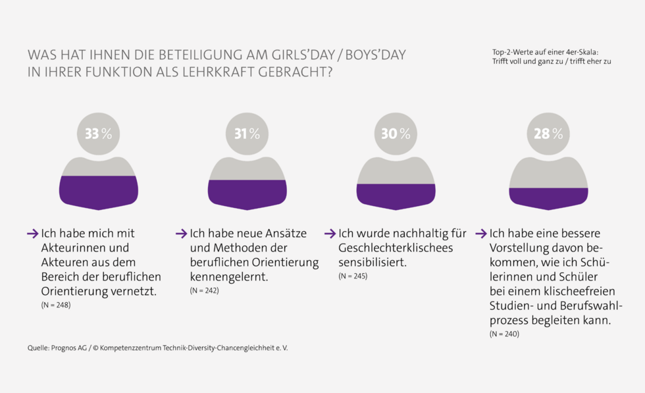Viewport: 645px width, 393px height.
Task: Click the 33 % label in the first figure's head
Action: click(98, 134)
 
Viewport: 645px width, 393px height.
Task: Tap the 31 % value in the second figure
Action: click(247, 134)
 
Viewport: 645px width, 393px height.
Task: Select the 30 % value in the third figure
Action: click(396, 134)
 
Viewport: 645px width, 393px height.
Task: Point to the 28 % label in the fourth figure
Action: click(548, 134)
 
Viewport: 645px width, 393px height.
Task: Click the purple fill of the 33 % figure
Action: click(98, 192)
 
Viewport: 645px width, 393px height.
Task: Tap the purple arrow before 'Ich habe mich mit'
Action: click(33, 234)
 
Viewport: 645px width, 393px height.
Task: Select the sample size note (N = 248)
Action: click(55, 305)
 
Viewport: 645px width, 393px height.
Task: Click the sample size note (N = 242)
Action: click(204, 290)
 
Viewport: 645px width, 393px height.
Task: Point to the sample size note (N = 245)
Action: click(353, 276)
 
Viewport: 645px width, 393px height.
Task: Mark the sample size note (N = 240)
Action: click(504, 334)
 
